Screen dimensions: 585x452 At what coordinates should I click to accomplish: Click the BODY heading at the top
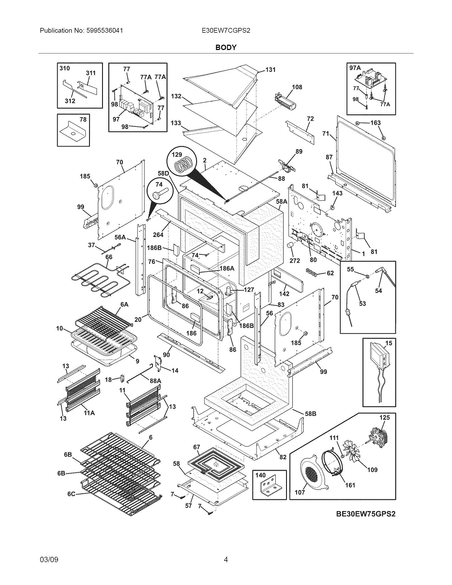coord(226,47)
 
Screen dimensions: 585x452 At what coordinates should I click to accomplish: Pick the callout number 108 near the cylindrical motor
coord(297,87)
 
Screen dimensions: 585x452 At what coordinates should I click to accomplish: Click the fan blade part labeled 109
coord(355,453)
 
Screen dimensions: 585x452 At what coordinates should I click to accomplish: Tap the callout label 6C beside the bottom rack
coord(71,494)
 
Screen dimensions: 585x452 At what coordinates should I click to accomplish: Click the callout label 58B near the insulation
coord(311,414)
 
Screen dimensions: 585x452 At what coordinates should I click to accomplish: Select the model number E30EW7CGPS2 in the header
coord(226,31)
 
